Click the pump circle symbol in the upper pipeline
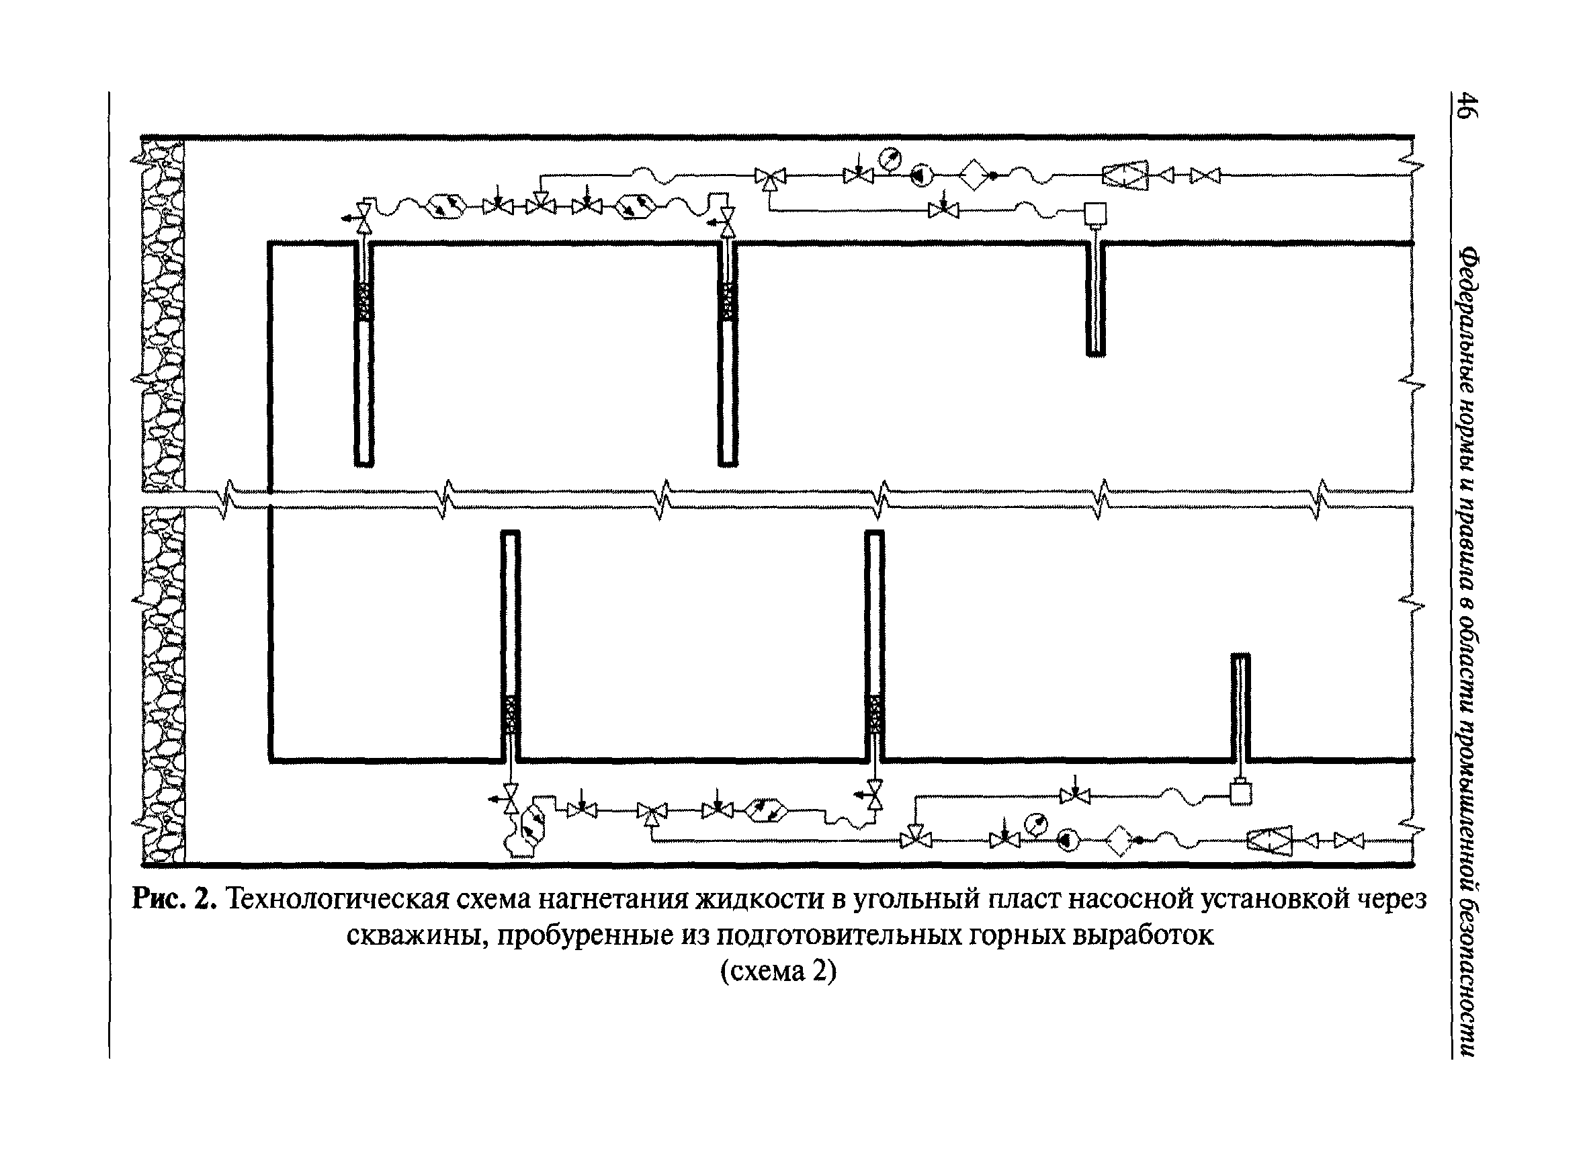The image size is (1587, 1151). coord(922,175)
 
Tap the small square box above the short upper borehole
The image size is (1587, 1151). coord(1095,214)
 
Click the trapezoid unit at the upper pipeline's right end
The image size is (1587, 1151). coord(1125,175)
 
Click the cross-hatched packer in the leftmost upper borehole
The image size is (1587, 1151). coord(364,301)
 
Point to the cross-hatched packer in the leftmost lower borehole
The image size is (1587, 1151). coord(511,714)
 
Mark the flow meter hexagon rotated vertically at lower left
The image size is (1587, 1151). coord(533,826)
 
